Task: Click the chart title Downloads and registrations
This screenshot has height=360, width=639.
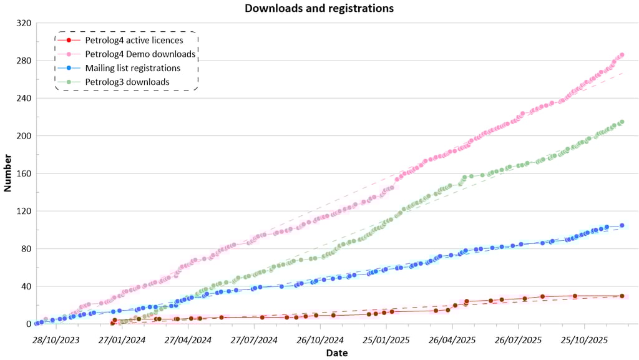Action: (x=319, y=9)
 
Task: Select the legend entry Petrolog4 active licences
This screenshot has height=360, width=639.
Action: (x=134, y=41)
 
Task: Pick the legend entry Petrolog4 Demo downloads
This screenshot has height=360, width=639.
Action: (x=140, y=54)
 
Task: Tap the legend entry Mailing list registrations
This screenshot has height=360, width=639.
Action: (x=133, y=68)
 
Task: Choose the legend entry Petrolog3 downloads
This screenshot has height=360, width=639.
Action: (x=127, y=82)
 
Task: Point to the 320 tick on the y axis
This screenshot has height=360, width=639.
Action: (x=24, y=23)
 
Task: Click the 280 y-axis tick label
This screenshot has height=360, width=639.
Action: (x=24, y=61)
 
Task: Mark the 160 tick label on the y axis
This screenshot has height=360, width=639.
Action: (x=24, y=173)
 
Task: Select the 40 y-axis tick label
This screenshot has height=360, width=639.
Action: (x=26, y=286)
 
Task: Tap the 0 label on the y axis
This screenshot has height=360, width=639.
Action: (x=29, y=324)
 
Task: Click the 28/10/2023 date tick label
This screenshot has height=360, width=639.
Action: (x=56, y=339)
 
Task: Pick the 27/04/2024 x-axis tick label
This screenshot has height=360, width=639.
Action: (x=188, y=339)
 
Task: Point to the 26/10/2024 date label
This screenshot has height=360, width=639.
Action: (x=319, y=339)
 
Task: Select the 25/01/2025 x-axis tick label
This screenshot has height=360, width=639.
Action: (x=386, y=339)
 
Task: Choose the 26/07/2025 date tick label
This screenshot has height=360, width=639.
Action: (x=518, y=339)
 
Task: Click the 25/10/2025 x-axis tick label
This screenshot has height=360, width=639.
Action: (x=584, y=339)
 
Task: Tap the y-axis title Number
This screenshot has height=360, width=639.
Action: (x=8, y=173)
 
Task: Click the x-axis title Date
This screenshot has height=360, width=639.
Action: (x=336, y=353)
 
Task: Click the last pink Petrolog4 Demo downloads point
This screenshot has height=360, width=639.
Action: (x=622, y=55)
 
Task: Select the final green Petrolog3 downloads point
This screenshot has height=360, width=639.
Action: (x=622, y=122)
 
